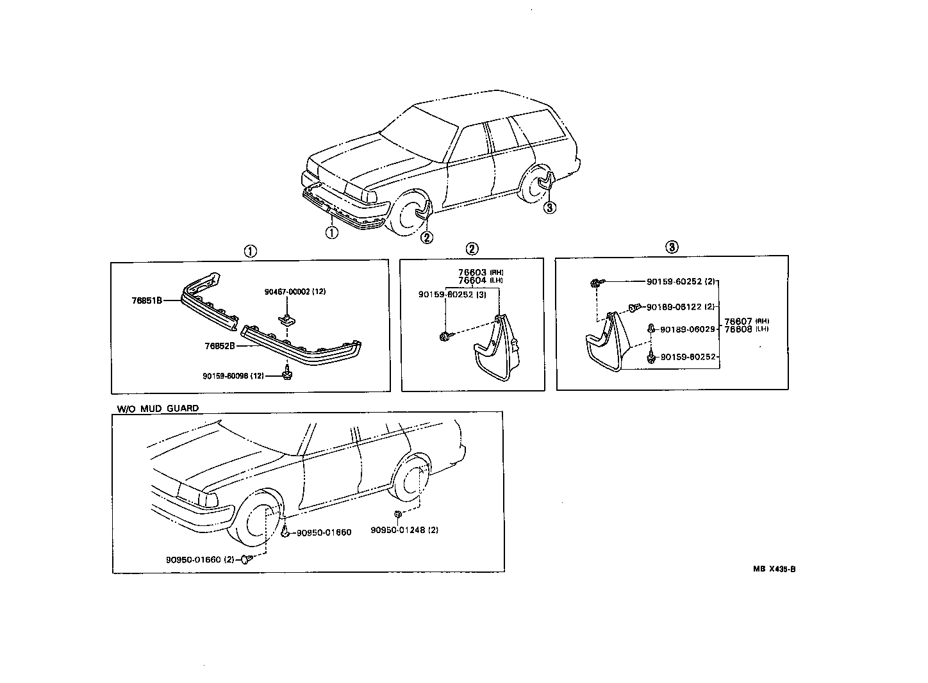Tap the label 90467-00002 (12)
tap(295, 292)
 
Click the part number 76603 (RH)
tap(480, 272)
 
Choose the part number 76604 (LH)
tap(480, 281)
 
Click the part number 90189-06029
tap(688, 329)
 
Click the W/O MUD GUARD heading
tap(158, 408)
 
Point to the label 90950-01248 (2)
tap(404, 530)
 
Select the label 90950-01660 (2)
tap(199, 559)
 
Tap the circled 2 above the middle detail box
tap(472, 249)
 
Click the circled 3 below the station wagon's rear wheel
tap(549, 207)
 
